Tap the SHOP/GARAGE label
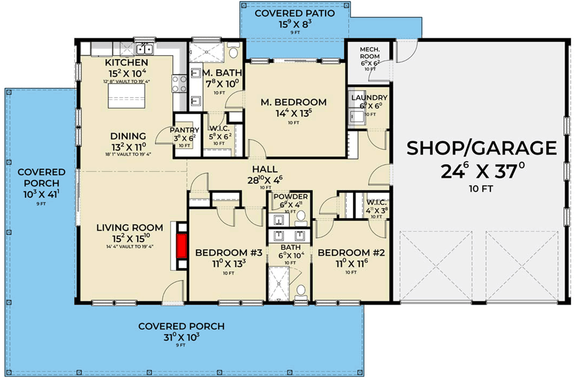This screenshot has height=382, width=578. point(481,149)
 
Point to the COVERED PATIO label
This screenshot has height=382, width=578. point(294,13)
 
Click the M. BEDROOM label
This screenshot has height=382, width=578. point(293,102)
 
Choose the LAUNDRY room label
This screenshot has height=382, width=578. point(369,98)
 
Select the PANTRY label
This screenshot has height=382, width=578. point(184,130)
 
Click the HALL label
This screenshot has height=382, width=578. point(265,169)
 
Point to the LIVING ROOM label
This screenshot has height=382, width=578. point(129,228)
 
